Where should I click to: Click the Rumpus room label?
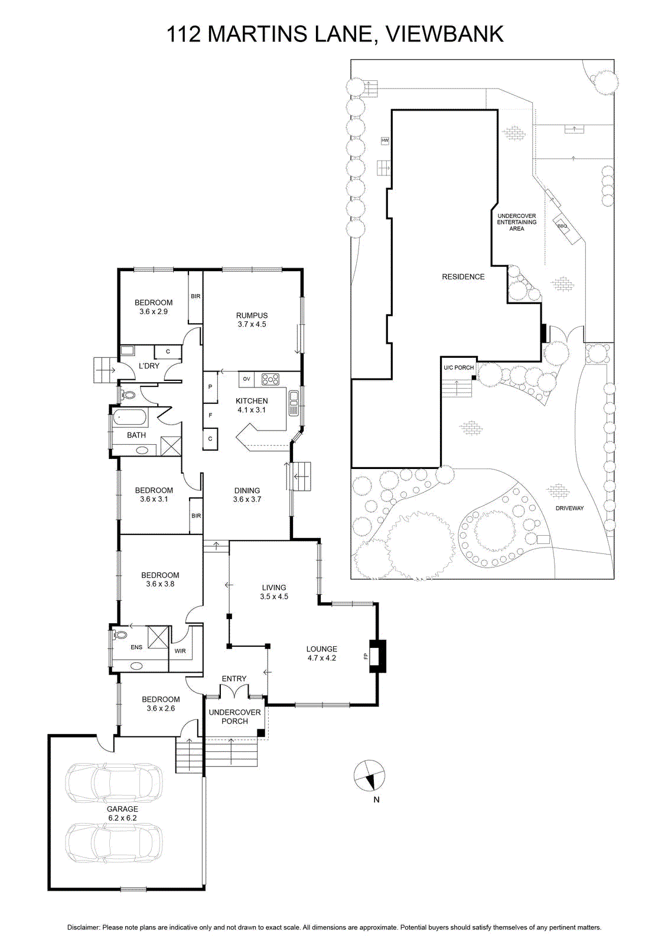[252, 320]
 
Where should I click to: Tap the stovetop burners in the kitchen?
[270, 379]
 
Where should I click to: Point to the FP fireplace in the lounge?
[377, 656]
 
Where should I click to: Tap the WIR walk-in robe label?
[180, 651]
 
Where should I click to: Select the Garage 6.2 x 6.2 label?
[122, 813]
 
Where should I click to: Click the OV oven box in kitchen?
[247, 379]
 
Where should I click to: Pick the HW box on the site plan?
[385, 140]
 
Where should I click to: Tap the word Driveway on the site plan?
[569, 509]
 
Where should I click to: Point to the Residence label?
[463, 277]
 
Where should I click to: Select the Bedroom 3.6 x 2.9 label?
[154, 307]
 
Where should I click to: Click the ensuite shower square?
[158, 637]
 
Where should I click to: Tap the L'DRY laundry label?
[149, 366]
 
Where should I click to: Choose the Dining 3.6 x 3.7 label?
[247, 495]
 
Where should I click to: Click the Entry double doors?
[234, 692]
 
